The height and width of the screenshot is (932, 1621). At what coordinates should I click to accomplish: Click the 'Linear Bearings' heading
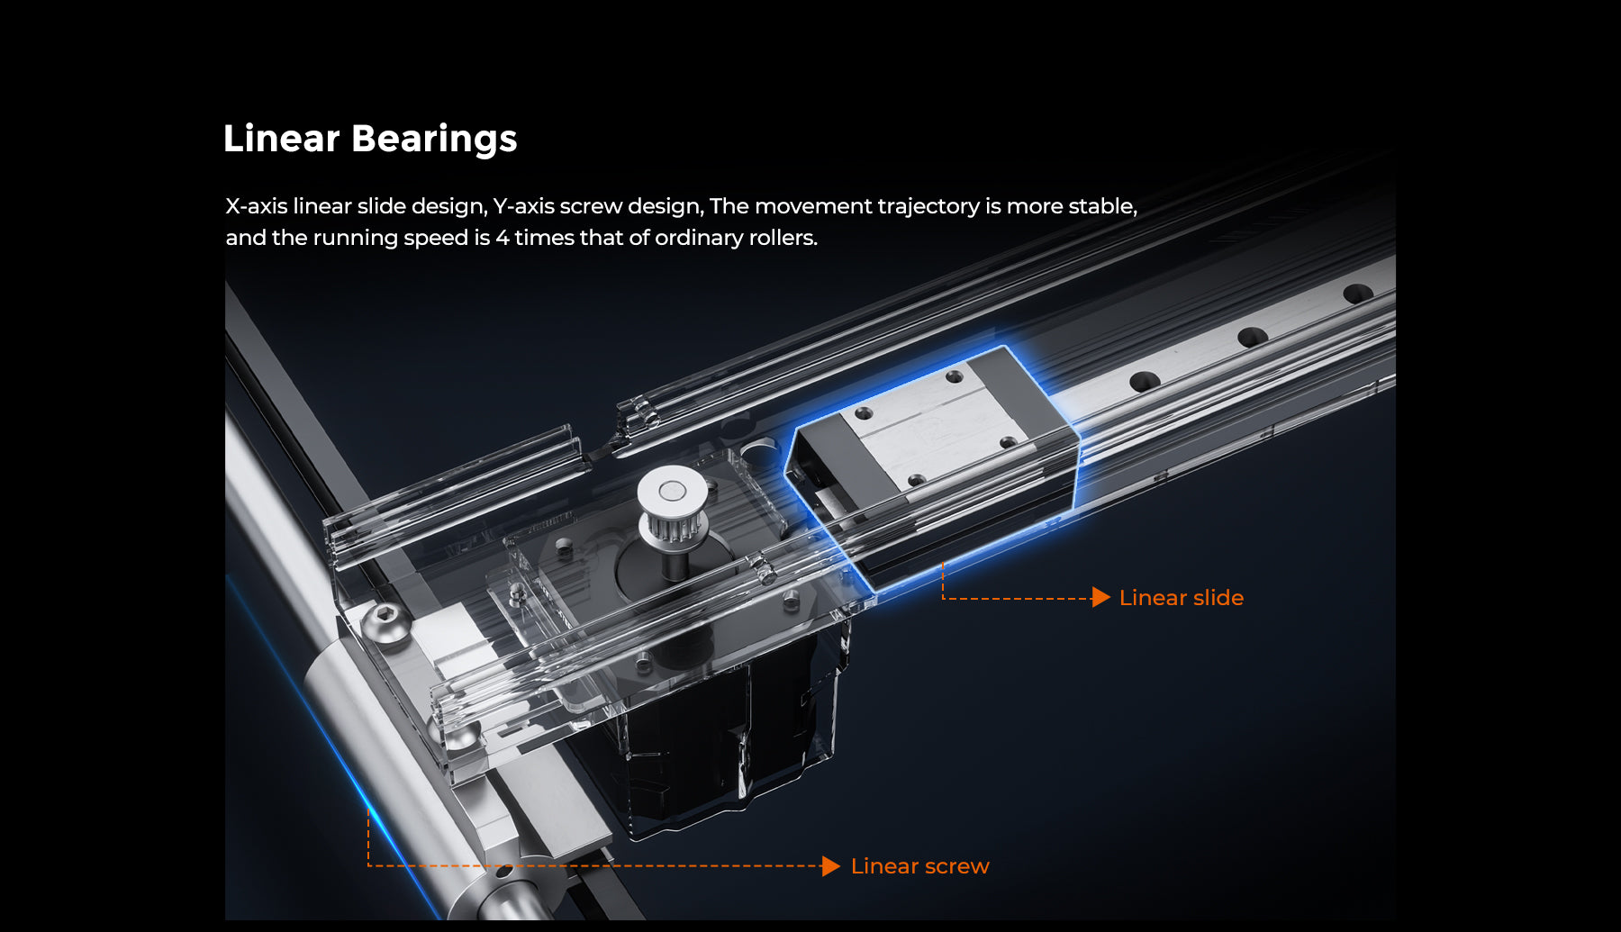(x=370, y=139)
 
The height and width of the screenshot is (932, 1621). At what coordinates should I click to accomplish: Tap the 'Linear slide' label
(x=1181, y=598)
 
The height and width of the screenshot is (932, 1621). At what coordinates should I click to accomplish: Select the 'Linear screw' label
(x=919, y=866)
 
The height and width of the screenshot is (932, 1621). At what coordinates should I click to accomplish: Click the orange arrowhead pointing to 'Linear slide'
(x=1100, y=597)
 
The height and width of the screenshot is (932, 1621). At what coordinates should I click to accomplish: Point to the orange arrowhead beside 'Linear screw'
(x=831, y=866)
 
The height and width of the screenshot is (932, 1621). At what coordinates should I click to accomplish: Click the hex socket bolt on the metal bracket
(x=387, y=622)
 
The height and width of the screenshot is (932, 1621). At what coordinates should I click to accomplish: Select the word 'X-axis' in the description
(x=256, y=206)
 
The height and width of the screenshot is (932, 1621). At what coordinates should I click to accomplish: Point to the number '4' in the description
(x=503, y=238)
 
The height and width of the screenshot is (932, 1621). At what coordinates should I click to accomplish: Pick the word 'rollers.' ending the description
(x=783, y=238)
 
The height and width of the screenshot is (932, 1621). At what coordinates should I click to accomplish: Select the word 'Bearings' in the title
(x=434, y=140)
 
